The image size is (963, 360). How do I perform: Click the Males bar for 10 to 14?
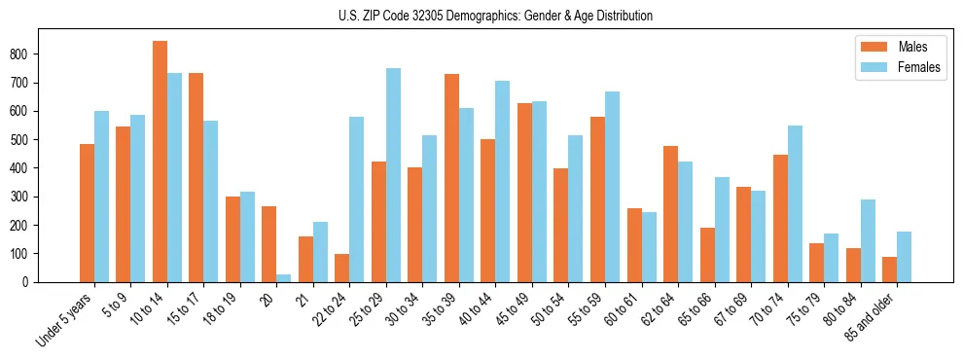coord(160,162)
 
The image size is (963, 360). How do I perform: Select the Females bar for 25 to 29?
coord(393,175)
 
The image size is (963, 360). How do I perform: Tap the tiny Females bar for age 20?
coord(284,278)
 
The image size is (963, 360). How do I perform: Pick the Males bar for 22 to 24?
coord(342,268)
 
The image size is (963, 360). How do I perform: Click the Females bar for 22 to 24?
coord(357,199)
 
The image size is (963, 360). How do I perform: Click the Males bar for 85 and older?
coord(889,270)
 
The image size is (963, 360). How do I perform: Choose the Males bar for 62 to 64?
coord(670,214)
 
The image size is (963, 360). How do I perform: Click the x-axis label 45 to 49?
coord(517,311)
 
